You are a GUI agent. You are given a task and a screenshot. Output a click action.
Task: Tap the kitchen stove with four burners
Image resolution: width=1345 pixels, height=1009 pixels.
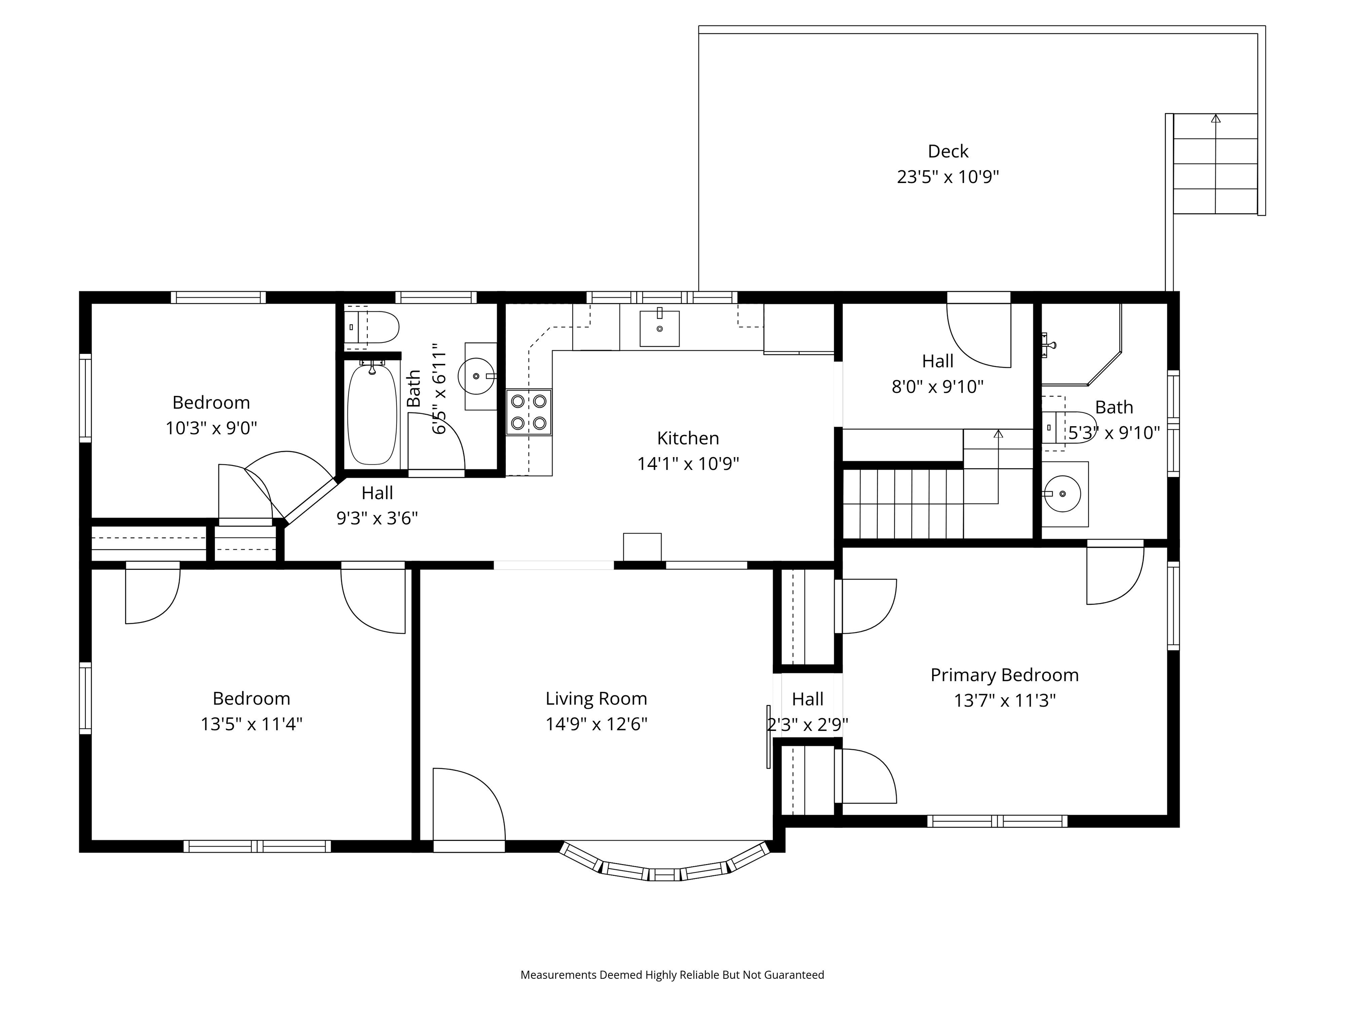point(529,412)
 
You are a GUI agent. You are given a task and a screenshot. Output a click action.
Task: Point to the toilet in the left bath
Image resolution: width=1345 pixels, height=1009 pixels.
point(372,327)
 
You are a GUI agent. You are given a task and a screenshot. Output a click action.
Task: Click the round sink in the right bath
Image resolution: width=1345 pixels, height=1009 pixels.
point(1062,493)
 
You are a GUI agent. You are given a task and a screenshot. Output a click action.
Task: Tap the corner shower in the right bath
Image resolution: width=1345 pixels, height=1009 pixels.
point(1081,344)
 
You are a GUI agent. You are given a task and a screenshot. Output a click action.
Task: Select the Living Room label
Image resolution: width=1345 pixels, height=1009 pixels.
point(596,698)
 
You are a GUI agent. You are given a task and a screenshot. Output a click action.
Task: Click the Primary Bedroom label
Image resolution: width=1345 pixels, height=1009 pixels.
point(1004,675)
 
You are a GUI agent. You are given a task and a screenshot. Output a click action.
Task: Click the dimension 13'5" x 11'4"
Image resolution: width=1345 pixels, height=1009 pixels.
point(251,724)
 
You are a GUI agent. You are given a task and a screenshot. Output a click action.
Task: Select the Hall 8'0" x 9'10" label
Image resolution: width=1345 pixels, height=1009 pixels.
point(938,374)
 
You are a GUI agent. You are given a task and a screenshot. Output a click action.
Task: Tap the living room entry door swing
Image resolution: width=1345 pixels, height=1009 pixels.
point(469,804)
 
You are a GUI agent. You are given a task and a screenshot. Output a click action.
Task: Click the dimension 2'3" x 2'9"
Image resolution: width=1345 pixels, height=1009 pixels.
point(807,725)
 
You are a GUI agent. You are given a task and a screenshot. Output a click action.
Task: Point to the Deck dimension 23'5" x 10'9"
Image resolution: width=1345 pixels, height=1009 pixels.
point(948,176)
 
